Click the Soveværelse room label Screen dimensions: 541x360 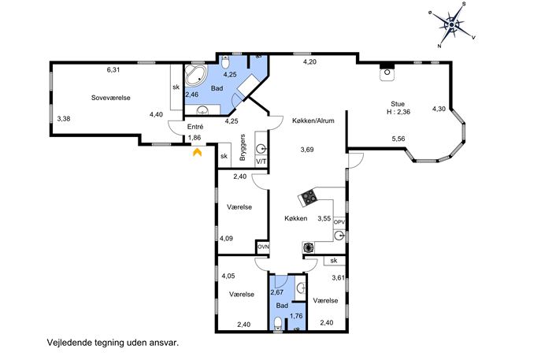coord(111,98)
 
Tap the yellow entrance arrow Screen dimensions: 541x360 coord(197,152)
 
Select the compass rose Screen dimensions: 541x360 coord(452,25)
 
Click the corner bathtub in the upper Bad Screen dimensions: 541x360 coord(195,76)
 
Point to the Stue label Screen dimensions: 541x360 coord(398,103)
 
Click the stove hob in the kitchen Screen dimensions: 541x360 coord(308,199)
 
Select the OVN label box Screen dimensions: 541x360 coord(263,247)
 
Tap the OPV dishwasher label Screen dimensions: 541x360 coord(339,222)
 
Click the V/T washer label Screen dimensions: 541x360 coord(261,161)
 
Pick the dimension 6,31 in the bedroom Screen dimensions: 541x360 coord(113,70)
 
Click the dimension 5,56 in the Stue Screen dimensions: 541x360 coord(398,139)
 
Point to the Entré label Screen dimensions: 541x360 coord(195,127)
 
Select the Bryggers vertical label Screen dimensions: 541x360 coord(243,147)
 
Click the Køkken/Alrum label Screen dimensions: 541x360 coord(313,121)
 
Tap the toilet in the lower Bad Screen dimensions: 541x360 coord(278,325)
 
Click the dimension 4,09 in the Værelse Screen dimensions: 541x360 coord(226,238)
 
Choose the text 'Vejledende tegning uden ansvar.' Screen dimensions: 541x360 coord(113,343)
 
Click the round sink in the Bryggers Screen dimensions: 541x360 coord(261,149)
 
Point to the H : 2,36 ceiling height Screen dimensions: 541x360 coord(398,112)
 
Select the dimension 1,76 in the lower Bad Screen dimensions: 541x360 coord(296,315)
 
